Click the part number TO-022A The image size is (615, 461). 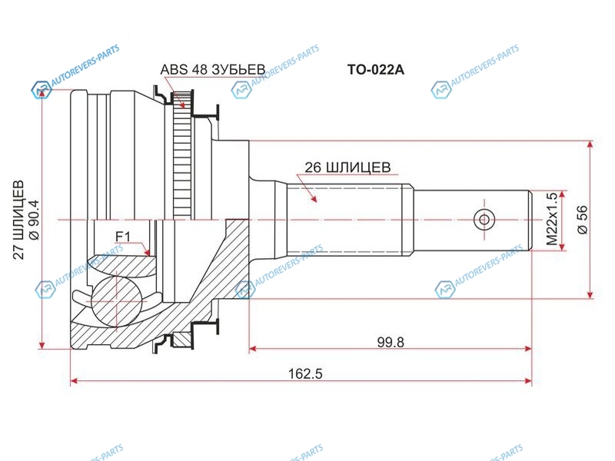[375, 69]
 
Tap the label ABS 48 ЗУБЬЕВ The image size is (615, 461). [213, 69]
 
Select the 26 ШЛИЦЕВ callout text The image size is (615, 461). [347, 167]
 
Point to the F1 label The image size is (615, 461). [122, 237]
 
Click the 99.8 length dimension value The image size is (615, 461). [391, 342]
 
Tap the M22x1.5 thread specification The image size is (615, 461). [551, 219]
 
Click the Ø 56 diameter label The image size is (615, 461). [583, 220]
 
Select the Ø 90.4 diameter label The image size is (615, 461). [34, 220]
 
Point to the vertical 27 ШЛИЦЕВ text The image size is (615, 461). [18, 220]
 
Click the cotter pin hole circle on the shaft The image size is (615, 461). [484, 219]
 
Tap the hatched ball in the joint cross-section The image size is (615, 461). [116, 301]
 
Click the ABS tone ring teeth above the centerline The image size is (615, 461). [182, 156]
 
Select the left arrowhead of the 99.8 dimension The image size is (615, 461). [254, 348]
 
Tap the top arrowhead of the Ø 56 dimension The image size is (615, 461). [590, 145]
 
